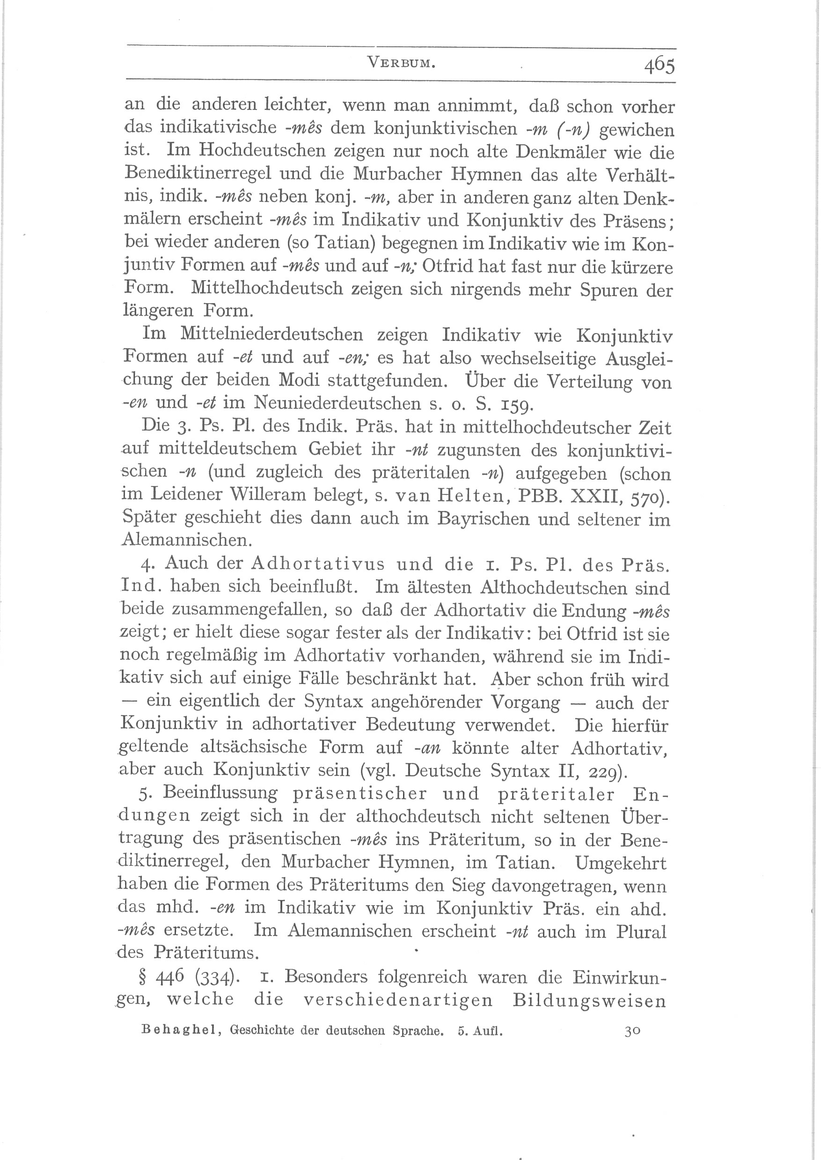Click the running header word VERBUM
pos(402,63)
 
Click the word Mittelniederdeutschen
pos(271,334)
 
